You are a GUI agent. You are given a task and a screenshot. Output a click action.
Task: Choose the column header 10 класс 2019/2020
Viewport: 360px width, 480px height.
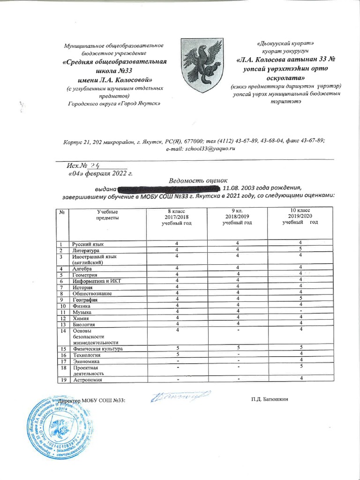(x=300, y=216)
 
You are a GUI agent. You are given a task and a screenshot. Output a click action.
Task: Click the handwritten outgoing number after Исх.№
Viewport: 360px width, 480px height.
(x=97, y=165)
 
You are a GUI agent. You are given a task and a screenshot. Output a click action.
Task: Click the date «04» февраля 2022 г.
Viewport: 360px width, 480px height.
(x=98, y=173)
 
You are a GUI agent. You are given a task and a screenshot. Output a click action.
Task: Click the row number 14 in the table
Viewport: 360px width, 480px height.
(x=61, y=330)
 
